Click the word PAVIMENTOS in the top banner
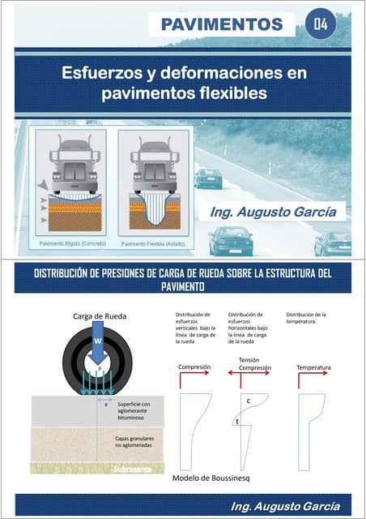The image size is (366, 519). pyautogui.click(x=221, y=24)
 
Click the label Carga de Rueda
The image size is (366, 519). pyautogui.click(x=99, y=316)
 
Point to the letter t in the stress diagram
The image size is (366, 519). pyautogui.click(x=236, y=421)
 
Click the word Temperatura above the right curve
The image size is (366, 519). pyautogui.click(x=313, y=367)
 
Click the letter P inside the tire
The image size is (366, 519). pyautogui.click(x=98, y=367)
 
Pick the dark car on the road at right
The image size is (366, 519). pyautogui.click(x=208, y=178)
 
